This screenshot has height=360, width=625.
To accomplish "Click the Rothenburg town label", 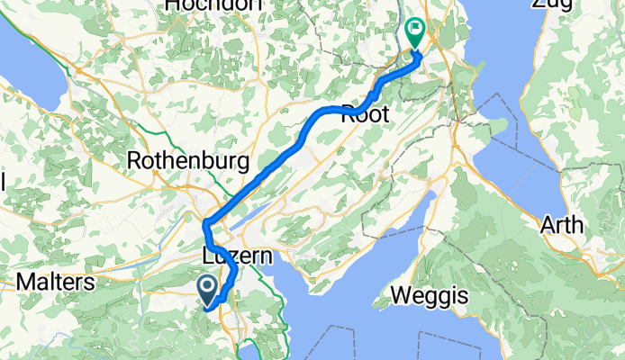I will point(188,160).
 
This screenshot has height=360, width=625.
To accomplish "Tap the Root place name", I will point(365,114).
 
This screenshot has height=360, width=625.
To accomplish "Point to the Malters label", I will point(56,283).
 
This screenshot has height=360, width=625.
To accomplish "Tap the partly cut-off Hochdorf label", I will point(213,4).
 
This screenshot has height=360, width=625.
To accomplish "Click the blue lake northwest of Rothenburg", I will point(32,67).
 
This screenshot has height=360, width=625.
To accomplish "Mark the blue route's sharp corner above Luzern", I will point(207,222).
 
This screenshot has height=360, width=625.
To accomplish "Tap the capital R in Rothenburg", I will point(135,160).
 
